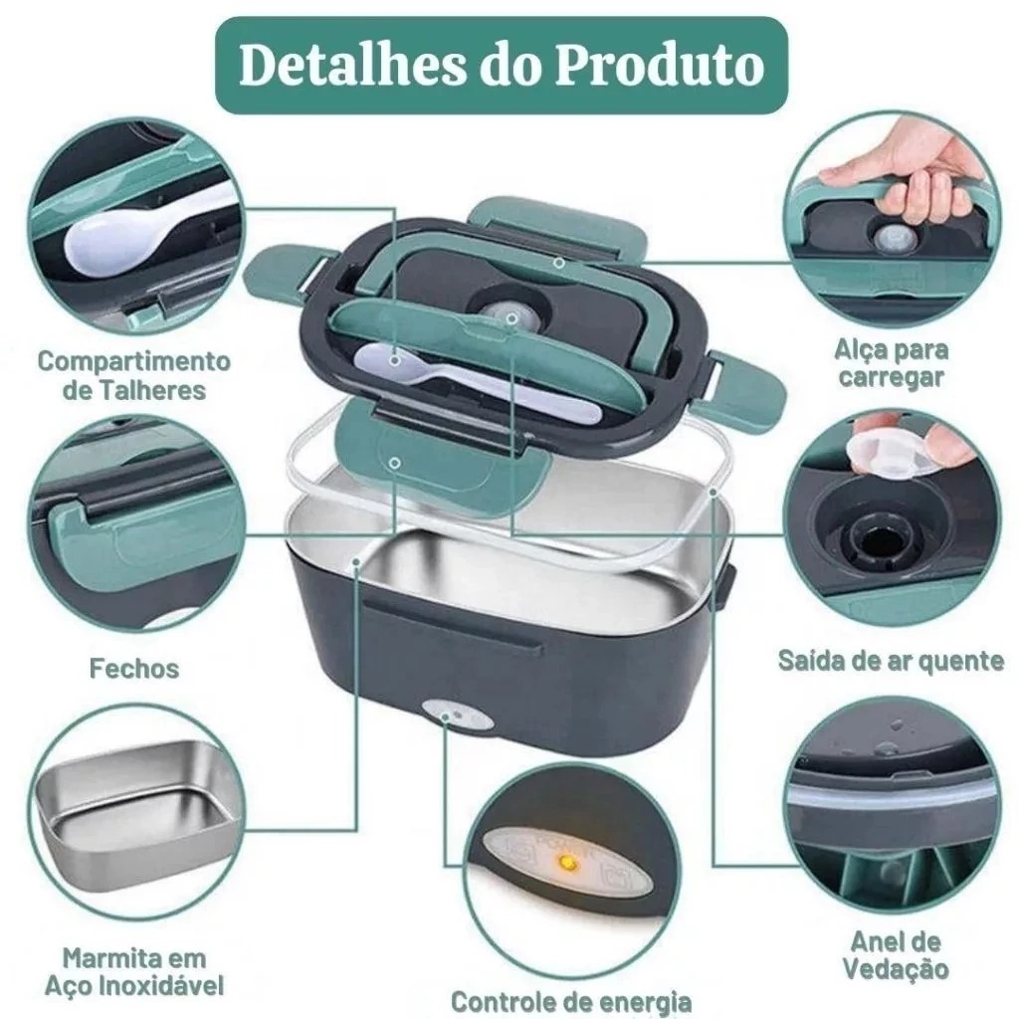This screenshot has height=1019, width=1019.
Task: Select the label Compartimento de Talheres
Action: tap(134, 375)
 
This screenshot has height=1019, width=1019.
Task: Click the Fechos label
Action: tap(134, 669)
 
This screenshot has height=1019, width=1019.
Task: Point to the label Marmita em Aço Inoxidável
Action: tap(134, 972)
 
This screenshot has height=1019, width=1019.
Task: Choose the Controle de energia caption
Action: tap(571, 1002)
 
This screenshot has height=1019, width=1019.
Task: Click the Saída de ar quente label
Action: tap(891, 661)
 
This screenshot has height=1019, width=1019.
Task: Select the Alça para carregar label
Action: tap(891, 363)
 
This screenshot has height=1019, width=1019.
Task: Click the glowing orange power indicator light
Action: tap(568, 864)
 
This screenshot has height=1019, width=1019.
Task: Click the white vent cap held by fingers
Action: tap(888, 449)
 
